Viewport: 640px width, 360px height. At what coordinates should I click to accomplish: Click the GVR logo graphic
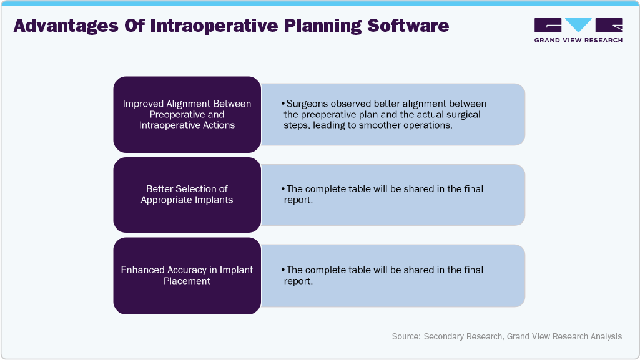click(x=578, y=26)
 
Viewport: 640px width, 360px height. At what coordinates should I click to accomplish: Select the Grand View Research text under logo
click(x=578, y=40)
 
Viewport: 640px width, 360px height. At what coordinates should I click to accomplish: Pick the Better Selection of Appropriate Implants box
click(x=187, y=194)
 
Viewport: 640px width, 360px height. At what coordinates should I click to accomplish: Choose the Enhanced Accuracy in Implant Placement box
click(x=187, y=275)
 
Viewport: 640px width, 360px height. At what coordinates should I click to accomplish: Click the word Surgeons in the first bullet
click(x=306, y=104)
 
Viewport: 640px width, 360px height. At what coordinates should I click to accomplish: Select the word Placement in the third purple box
click(x=187, y=281)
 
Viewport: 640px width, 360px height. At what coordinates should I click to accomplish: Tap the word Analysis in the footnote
click(x=606, y=336)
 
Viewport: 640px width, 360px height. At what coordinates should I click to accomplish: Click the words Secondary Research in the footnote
click(x=463, y=336)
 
